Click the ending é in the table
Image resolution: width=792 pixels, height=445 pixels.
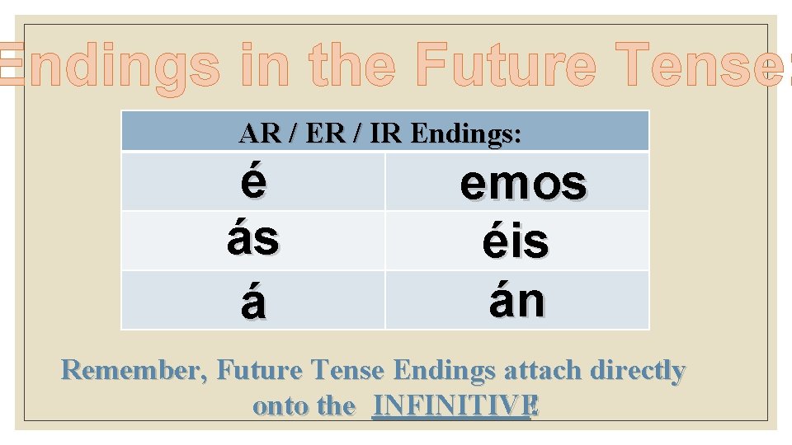[x=253, y=181]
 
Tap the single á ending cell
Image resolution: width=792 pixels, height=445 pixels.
[x=253, y=302]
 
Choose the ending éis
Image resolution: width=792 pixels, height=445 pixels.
[x=516, y=242]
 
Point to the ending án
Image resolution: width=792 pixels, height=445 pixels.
[x=516, y=301]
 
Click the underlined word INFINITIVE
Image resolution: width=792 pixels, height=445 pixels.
[x=451, y=406]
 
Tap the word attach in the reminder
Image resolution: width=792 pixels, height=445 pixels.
[x=543, y=372]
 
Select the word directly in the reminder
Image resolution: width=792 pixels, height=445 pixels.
[x=638, y=372]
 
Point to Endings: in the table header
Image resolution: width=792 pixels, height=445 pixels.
[x=465, y=133]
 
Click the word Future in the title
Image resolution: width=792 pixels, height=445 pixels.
[x=504, y=66]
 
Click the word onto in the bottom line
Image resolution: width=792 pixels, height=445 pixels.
[x=278, y=406]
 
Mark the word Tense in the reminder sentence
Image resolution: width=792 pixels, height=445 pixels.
[x=346, y=372]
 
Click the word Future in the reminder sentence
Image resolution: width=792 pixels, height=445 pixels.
[x=257, y=372]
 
